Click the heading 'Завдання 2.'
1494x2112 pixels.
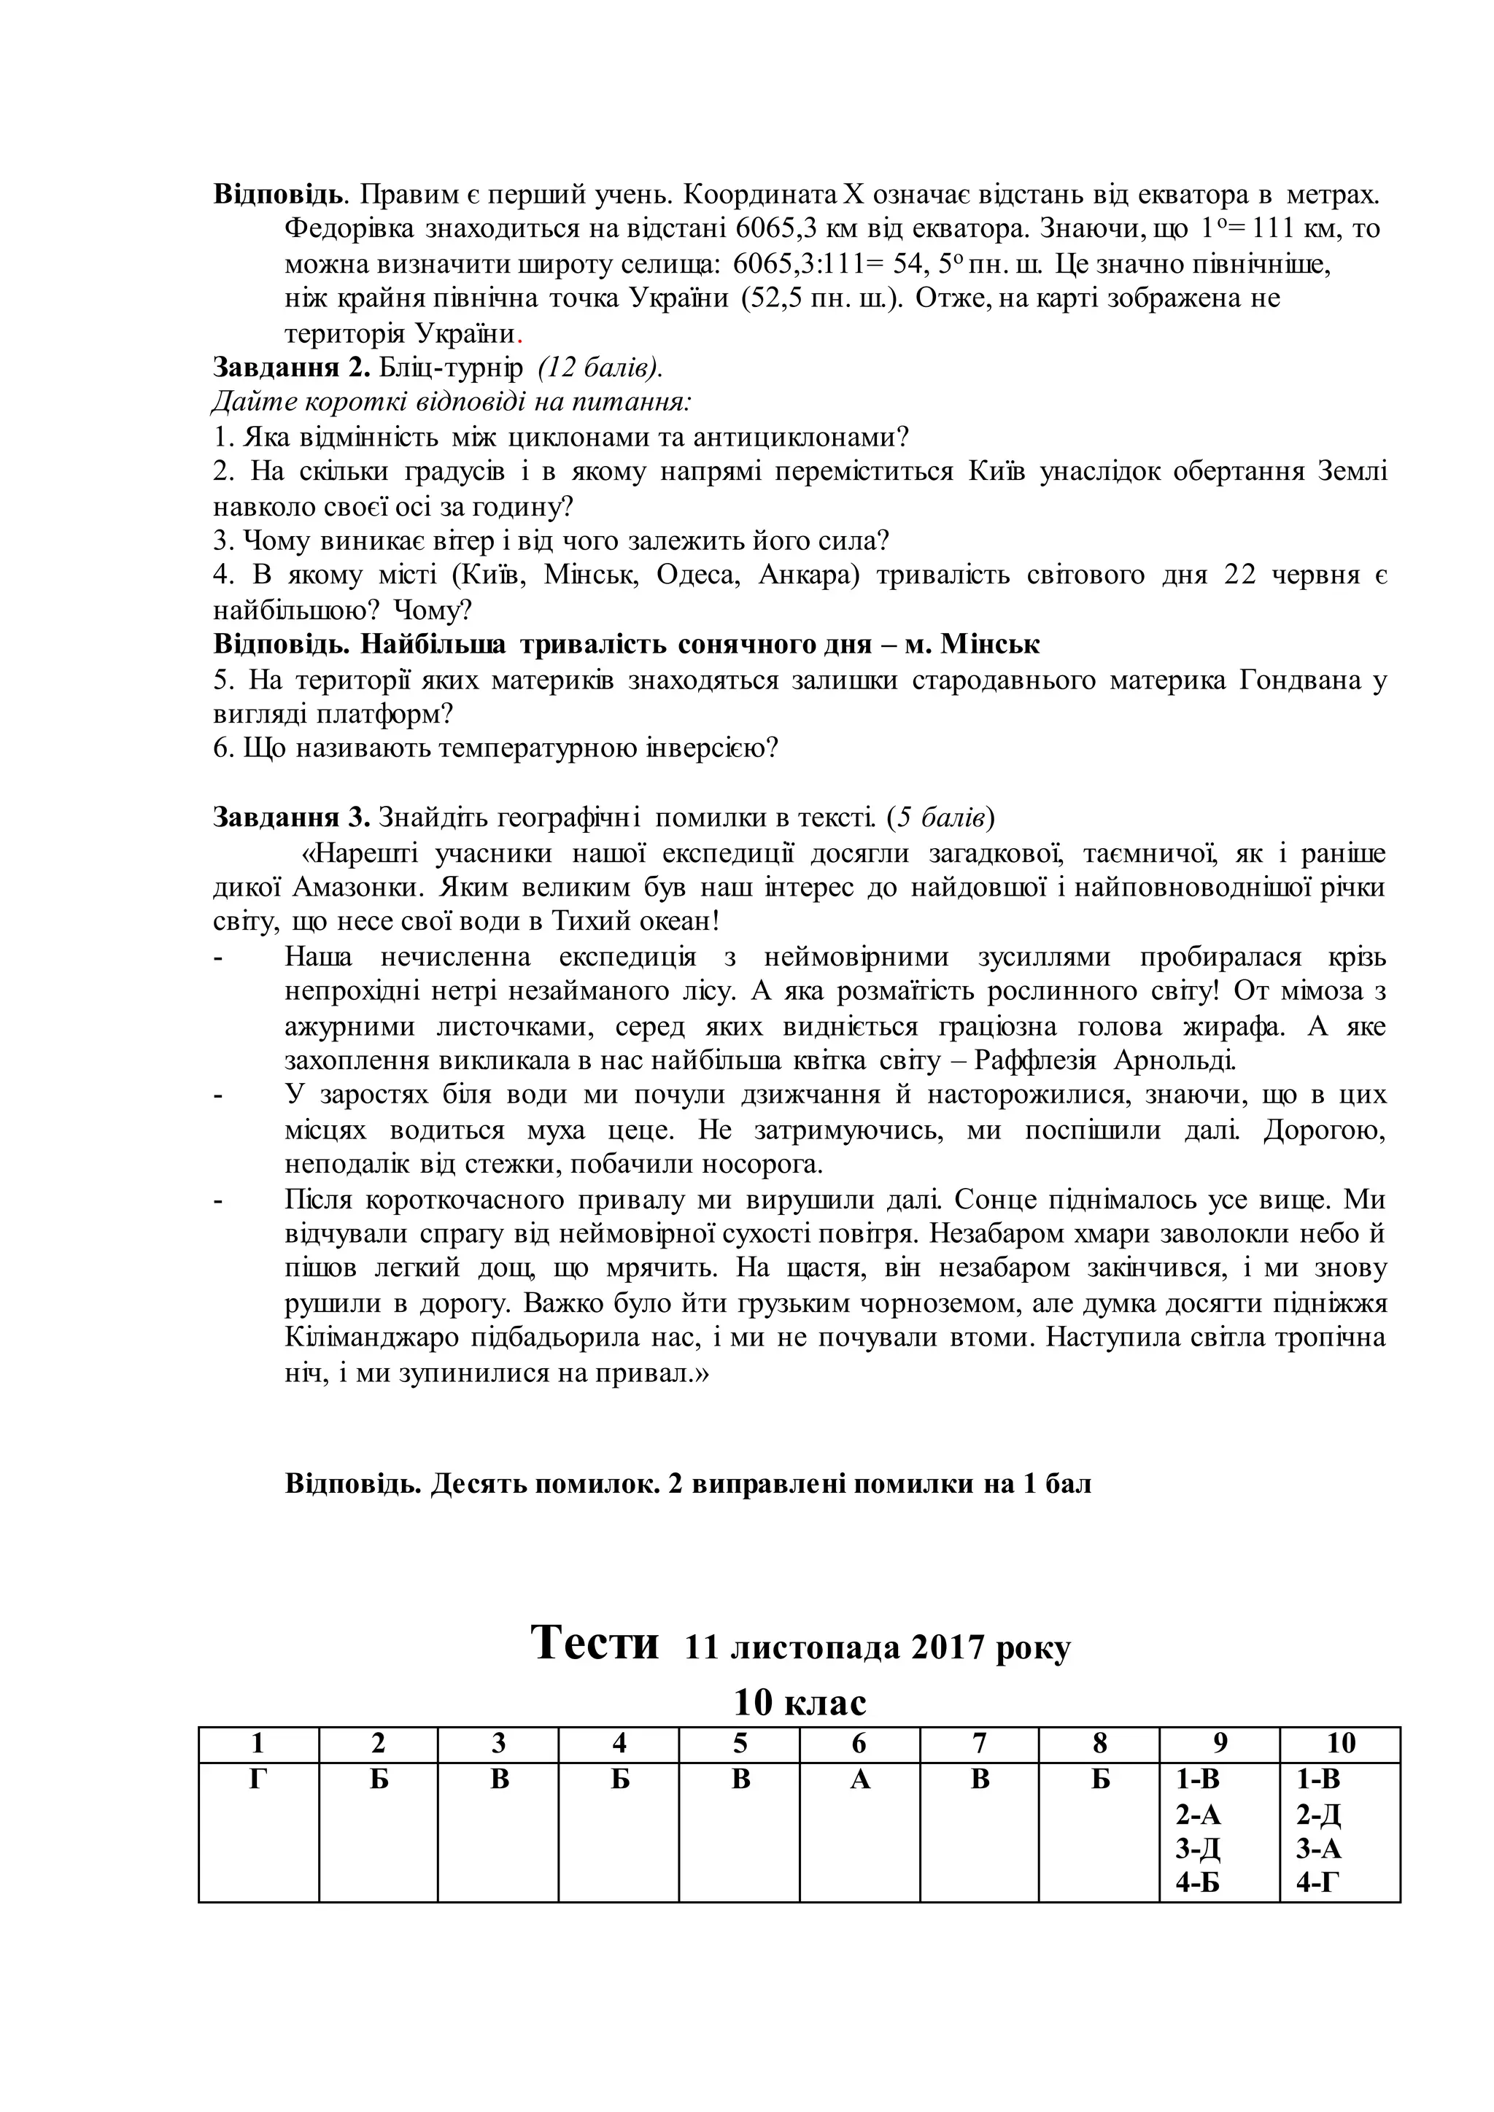tap(292, 368)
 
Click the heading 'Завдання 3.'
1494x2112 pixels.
tap(292, 817)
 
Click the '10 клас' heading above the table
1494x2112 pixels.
tap(800, 1703)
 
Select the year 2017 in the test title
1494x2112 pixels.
tap(948, 1647)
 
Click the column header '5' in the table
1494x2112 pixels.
tap(740, 1743)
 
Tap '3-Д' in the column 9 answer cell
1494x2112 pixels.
tap(1198, 1849)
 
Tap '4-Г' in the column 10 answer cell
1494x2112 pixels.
tap(1318, 1884)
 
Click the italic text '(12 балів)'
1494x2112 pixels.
tap(600, 368)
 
